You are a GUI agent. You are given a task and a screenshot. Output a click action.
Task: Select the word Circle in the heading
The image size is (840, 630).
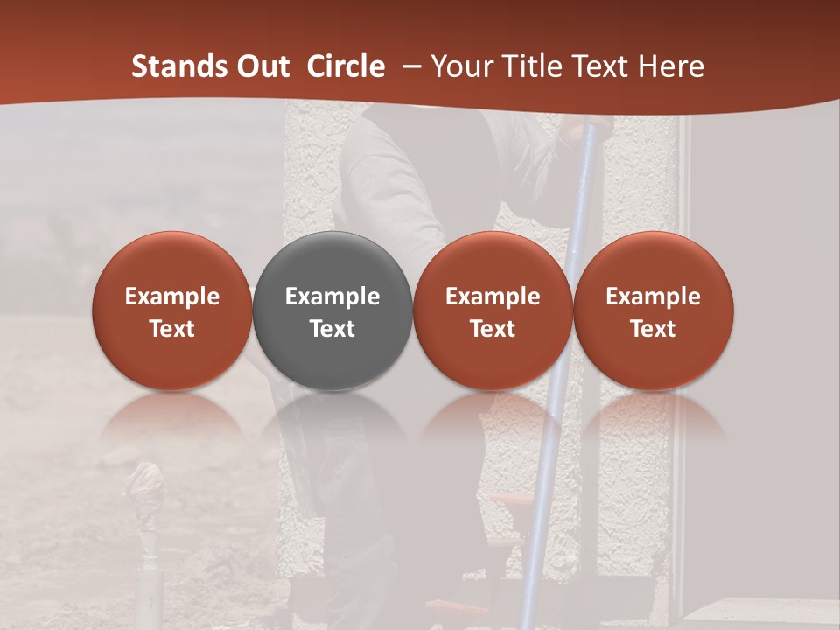346,66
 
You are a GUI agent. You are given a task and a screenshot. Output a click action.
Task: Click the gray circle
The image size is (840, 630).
332,262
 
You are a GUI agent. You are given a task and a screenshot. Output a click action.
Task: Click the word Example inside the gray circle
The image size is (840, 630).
332,297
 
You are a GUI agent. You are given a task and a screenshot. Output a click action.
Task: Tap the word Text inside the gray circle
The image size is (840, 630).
332,329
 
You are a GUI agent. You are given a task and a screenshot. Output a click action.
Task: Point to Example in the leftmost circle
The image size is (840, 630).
171,297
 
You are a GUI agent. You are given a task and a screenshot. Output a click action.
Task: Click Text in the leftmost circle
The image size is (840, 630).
171,329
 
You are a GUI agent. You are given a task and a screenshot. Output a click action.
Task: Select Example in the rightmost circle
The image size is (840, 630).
653,297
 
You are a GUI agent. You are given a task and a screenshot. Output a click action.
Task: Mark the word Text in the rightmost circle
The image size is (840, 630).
653,329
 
